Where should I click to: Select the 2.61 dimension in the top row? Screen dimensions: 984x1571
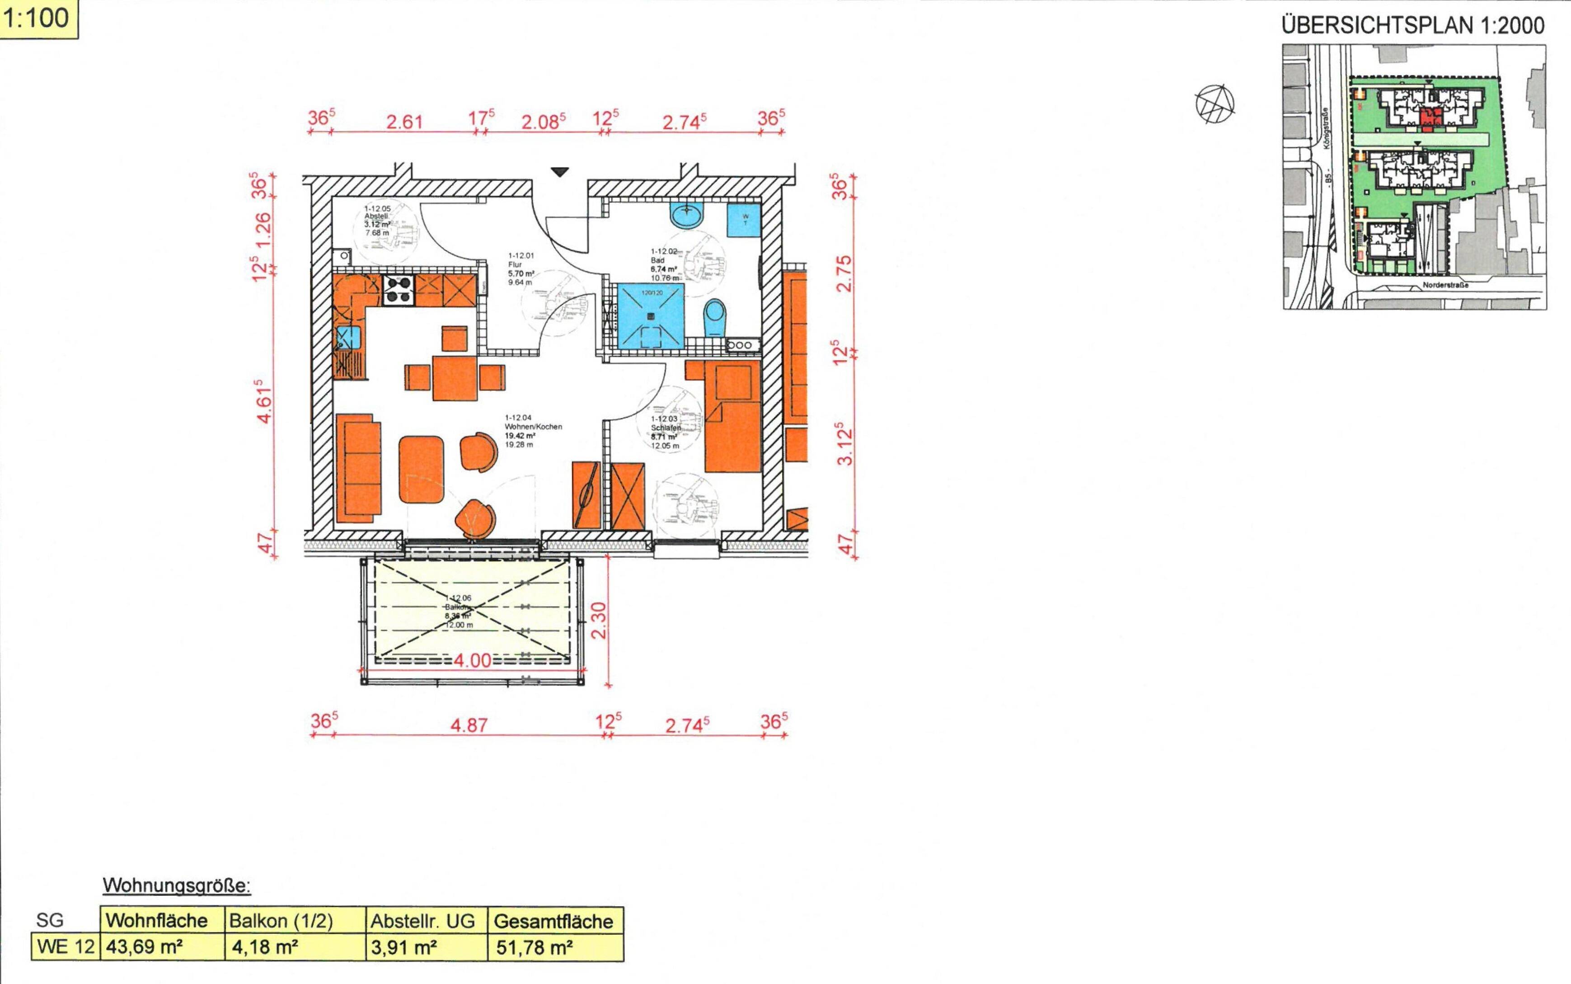click(x=405, y=122)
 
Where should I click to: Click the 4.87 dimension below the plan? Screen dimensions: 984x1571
click(x=469, y=725)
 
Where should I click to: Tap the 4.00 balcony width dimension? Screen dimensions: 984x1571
click(x=472, y=660)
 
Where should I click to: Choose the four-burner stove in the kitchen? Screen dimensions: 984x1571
click(x=399, y=290)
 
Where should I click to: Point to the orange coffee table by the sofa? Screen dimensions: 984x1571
click(x=422, y=469)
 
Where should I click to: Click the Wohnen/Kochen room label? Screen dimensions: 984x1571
click(x=532, y=427)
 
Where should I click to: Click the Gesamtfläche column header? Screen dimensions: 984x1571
click(x=553, y=921)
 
